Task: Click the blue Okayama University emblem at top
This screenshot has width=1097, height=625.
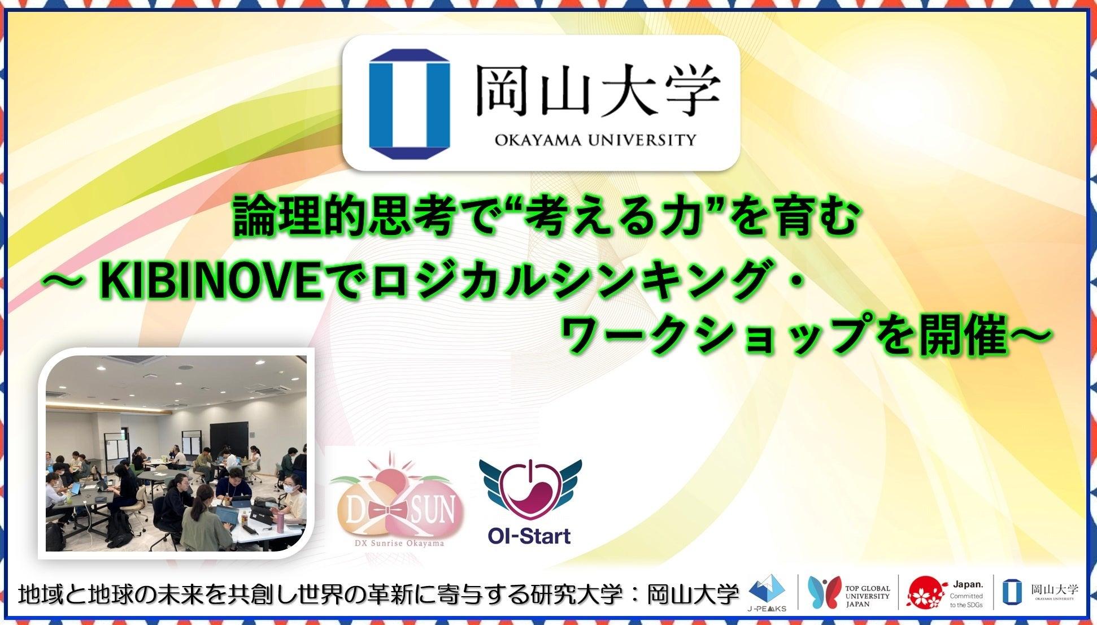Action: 410,104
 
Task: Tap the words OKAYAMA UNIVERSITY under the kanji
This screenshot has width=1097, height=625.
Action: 595,139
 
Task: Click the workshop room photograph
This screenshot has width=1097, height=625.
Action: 176,453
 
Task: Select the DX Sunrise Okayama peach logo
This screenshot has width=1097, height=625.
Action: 397,500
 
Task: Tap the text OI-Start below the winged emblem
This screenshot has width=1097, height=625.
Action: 529,535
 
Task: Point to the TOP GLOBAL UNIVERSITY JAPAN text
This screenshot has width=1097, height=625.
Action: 868,596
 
